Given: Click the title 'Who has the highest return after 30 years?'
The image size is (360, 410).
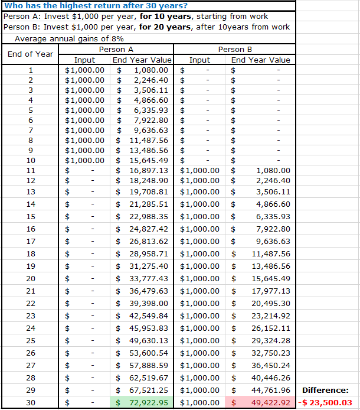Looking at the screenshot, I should pos(87,5).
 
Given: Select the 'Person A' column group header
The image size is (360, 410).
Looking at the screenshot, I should pos(116,49).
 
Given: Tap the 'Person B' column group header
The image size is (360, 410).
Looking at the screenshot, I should pos(235,49).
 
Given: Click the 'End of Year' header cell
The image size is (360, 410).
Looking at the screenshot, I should pos(30,54).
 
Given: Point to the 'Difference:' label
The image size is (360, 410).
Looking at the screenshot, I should pos(325,390).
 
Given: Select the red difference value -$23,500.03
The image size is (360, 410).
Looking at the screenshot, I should pos(328,403).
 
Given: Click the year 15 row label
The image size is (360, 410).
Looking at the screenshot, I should pos(31,216).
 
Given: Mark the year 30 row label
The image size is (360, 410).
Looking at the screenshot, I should pos(31,403).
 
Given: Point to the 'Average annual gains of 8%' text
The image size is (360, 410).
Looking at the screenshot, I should pos(69,38).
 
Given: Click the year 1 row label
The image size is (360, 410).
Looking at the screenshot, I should pos(31,70).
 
